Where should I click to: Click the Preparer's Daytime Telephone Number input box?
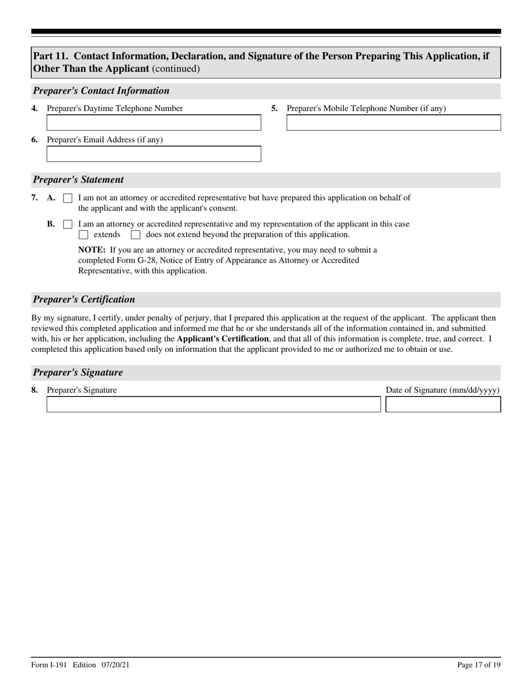pos(153,123)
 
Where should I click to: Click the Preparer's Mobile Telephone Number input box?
pos(393,123)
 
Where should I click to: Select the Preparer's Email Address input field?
pos(153,154)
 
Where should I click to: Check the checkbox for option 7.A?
pos(68,198)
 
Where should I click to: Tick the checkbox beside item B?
pos(68,225)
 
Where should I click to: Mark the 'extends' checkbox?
pos(83,235)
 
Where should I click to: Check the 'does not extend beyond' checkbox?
pos(136,235)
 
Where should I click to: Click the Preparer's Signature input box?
pos(213,404)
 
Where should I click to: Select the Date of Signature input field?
pos(443,404)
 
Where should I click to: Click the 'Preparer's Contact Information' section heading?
pos(101,91)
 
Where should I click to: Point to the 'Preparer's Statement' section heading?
pos(78,180)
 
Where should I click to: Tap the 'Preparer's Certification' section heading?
pos(84,299)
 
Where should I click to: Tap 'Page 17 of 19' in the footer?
pos(479,665)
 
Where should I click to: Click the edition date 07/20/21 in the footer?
pos(116,665)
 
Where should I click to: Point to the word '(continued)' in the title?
pos(176,69)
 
